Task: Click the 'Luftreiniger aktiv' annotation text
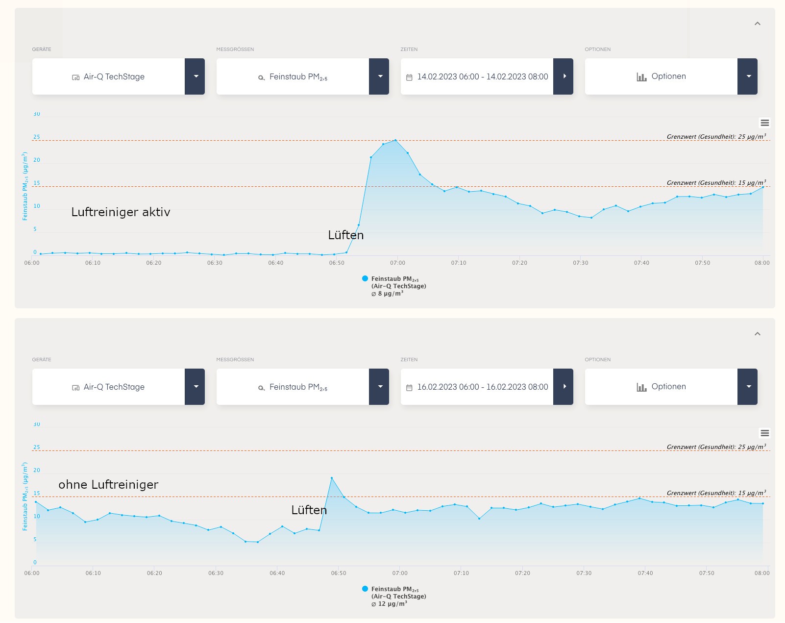pos(121,212)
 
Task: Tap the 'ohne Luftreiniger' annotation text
pos(108,485)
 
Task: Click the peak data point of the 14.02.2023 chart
pos(395,141)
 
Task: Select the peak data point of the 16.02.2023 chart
pos(332,478)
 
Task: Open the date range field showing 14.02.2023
pos(482,76)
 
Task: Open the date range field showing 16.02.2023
pos(482,387)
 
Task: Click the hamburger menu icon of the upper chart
pos(764,123)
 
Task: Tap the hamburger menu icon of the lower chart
pos(764,433)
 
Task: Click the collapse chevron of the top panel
pos(757,24)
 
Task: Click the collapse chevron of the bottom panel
pos(757,334)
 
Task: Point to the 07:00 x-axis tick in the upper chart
pos(397,263)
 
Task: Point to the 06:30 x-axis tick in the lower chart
pos(216,573)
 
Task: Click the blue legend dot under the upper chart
pos(365,278)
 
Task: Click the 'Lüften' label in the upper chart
pos(346,235)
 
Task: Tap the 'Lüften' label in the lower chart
pos(309,510)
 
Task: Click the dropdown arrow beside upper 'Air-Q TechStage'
pos(196,76)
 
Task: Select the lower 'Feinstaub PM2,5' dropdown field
pos(293,387)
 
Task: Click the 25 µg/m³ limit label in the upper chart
pos(716,137)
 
